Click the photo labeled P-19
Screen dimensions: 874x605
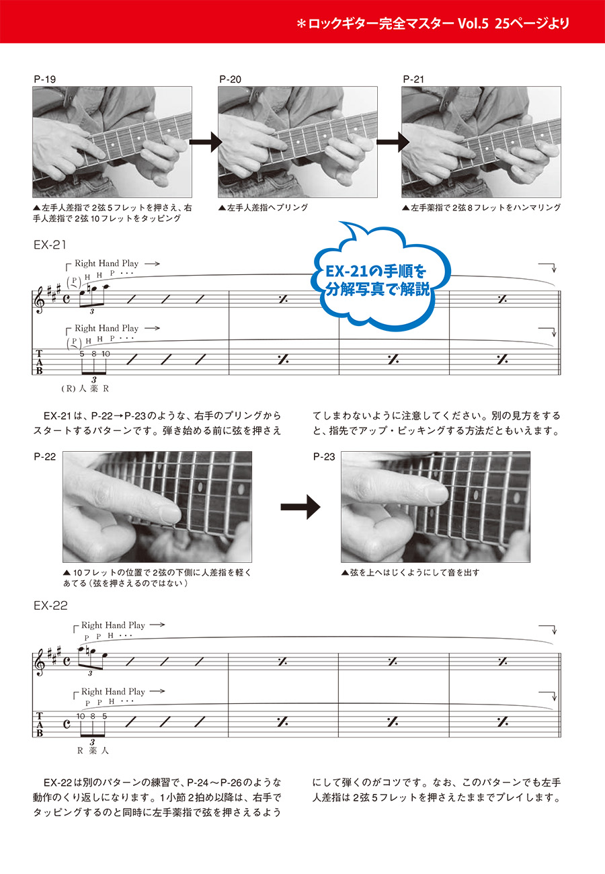click(x=112, y=142)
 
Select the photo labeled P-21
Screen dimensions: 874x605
click(x=481, y=142)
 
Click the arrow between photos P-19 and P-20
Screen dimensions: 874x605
click(x=205, y=142)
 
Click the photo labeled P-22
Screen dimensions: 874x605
click(x=157, y=506)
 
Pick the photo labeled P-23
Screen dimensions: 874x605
click(x=436, y=506)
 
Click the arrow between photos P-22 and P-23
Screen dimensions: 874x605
click(x=300, y=508)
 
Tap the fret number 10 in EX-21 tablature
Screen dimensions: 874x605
click(x=106, y=354)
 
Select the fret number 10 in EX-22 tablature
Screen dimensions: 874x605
click(x=81, y=716)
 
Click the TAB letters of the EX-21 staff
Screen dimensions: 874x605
click(x=39, y=362)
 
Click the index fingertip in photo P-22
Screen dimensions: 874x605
click(x=171, y=515)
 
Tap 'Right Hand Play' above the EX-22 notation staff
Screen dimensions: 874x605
click(x=113, y=625)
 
